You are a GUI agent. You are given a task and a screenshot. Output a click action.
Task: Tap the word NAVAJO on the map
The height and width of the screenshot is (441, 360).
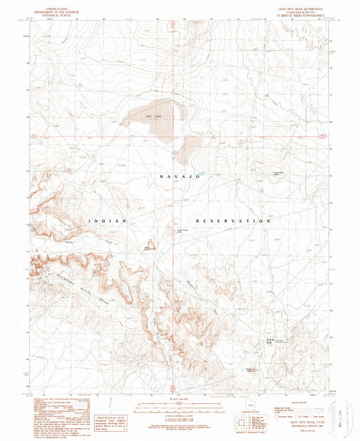point(179,176)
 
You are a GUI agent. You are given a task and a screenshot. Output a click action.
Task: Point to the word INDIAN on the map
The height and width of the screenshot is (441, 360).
point(105,221)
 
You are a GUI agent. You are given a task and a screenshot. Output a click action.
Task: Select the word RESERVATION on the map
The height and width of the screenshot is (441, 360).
point(234,221)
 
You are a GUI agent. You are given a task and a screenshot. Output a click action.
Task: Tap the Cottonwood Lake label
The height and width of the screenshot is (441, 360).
point(173,235)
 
